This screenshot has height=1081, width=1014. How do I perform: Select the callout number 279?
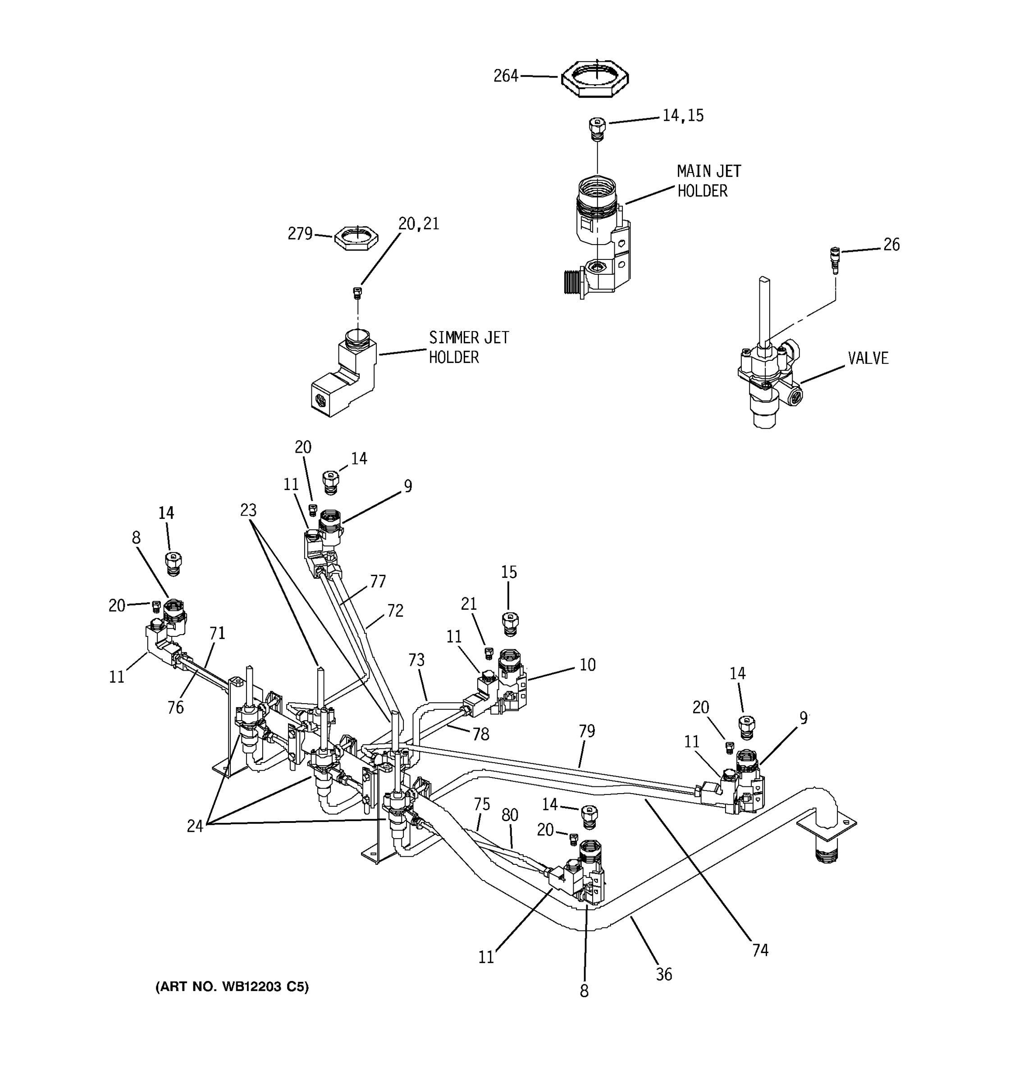[x=300, y=234]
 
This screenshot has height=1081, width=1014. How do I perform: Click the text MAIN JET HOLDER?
[x=708, y=181]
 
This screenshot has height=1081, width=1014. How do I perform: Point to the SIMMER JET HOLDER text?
[x=468, y=347]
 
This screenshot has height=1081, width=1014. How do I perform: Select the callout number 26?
[x=891, y=245]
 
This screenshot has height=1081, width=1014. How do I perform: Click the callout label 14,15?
[x=683, y=115]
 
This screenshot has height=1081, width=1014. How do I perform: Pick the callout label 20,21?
[x=418, y=223]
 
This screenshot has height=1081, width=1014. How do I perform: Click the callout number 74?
[x=760, y=950]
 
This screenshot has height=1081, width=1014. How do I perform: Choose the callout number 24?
[x=195, y=827]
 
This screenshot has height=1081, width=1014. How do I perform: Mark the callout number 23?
[x=248, y=510]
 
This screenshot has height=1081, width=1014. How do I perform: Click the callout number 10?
[x=587, y=664]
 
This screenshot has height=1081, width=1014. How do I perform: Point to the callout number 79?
[x=586, y=731]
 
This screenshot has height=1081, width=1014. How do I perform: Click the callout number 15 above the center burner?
[x=509, y=572]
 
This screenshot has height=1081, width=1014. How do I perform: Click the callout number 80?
[x=510, y=814]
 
